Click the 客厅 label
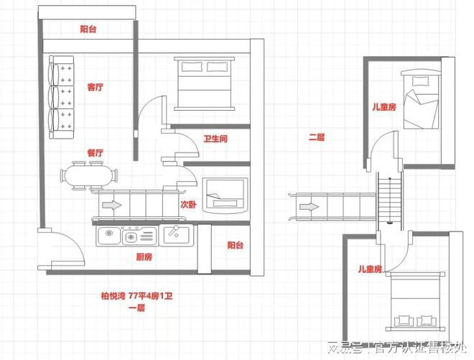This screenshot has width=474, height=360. pos(96,88)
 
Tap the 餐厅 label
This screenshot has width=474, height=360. pos(96,153)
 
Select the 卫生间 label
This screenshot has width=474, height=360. pos(215,139)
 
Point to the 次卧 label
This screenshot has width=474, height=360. pos(188,205)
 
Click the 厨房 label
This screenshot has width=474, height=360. pos(144,257)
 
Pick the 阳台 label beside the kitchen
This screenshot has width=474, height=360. pos(235,245)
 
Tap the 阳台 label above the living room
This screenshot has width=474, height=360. pos(88,29)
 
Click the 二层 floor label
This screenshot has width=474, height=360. pos(317,137)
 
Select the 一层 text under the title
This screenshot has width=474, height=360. pos(137,308)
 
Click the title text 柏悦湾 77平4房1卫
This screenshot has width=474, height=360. pos(136,295)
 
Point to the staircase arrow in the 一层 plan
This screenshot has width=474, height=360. pos(112,205)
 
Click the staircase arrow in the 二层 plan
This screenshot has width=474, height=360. pos(310,207)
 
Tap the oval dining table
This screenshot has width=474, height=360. pos(89,176)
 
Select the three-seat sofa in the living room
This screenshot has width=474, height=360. pos(61,97)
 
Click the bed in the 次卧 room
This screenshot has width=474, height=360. pos(226,195)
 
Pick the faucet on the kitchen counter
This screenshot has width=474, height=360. pos(174,231)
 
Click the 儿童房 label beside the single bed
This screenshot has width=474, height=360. pos(384,107)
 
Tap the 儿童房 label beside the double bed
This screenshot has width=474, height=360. pos(370,269)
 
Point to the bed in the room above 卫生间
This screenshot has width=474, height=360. pos(205,83)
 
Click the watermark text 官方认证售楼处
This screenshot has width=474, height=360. pos(421,348)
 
